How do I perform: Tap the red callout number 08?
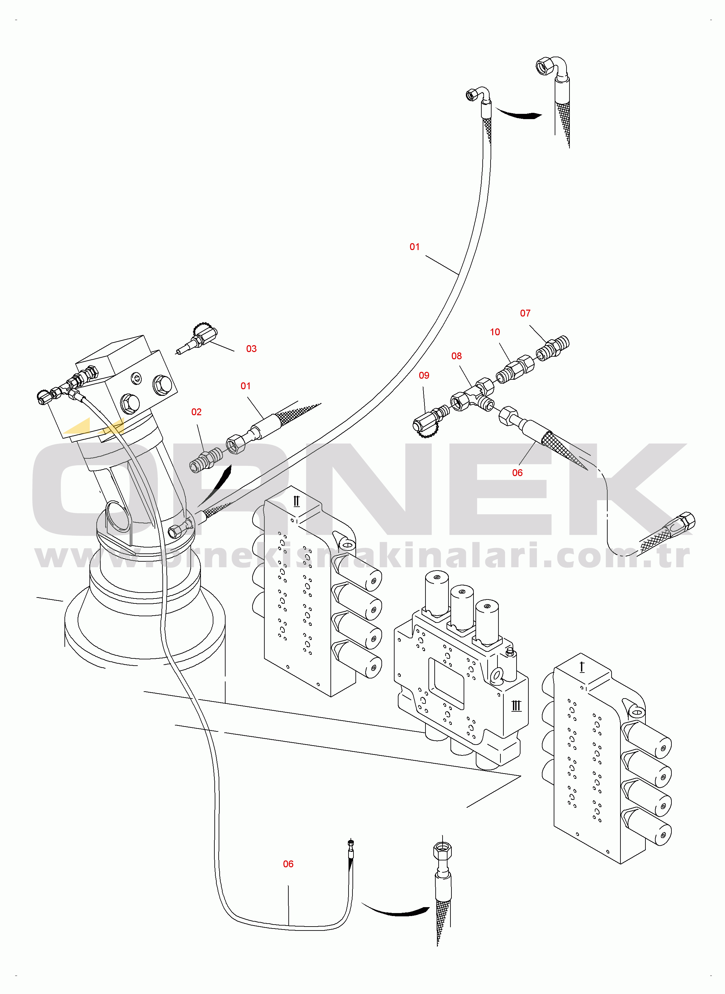click(456, 356)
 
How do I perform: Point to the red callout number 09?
click(423, 375)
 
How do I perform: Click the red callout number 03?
click(251, 348)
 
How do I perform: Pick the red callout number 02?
click(196, 412)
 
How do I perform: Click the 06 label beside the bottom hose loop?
click(288, 864)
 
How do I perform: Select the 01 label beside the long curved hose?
click(414, 247)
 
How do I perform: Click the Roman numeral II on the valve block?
click(296, 501)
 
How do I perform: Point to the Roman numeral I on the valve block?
click(582, 667)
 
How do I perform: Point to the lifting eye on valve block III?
click(496, 675)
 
